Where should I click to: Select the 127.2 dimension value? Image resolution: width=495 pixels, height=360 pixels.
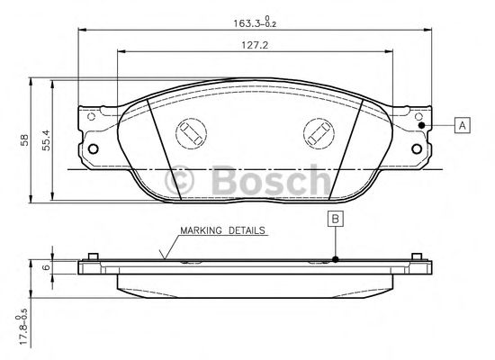point(255,46)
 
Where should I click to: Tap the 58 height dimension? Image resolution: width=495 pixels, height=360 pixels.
point(24,139)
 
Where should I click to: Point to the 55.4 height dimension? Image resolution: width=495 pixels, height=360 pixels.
point(46,139)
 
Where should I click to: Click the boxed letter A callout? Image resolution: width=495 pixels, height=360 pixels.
point(463,125)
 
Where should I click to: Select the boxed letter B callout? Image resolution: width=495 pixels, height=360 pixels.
point(336,219)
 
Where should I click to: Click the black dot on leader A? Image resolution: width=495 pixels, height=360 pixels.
point(421,125)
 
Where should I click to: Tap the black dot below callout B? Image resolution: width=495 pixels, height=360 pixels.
point(336,259)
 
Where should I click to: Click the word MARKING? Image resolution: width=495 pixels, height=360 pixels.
point(201,230)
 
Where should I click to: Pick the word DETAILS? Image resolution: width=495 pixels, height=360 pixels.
point(247,230)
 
